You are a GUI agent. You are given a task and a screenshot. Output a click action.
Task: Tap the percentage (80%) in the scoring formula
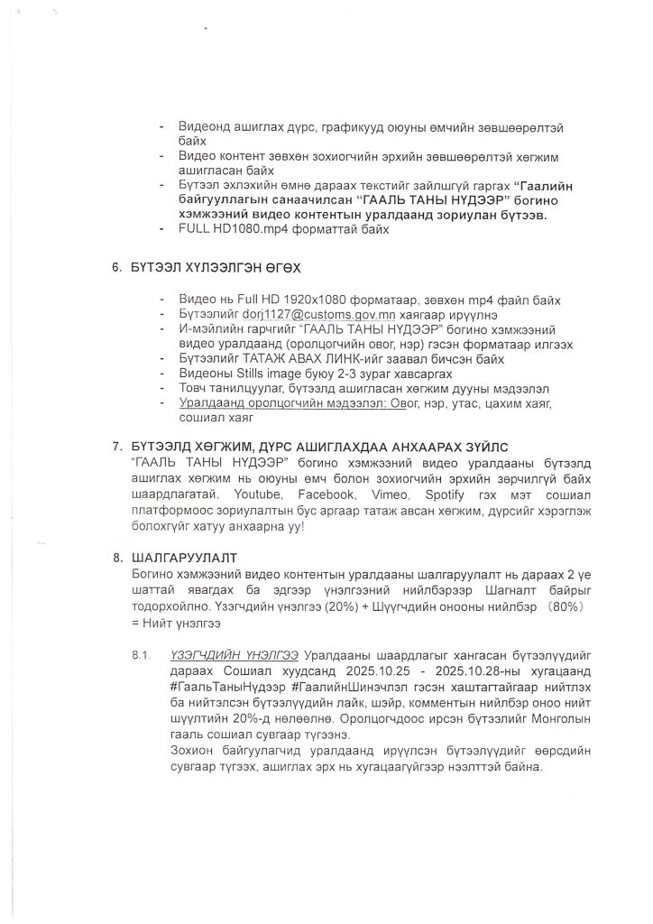[x=571, y=607]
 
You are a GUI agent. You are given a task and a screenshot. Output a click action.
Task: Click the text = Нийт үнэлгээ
[x=176, y=624]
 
